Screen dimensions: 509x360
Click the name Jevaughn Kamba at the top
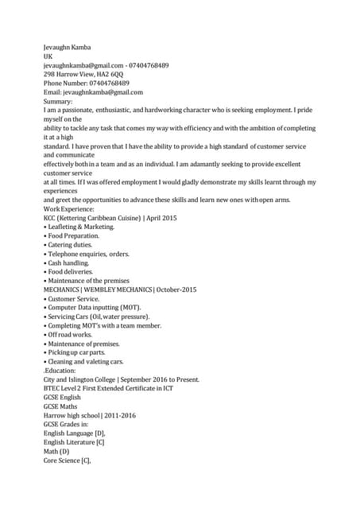pos(67,48)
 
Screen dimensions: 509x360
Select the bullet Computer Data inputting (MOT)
pos(94,308)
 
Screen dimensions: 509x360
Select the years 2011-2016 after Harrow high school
pos(120,415)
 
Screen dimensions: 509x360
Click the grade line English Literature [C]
pos(74,442)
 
